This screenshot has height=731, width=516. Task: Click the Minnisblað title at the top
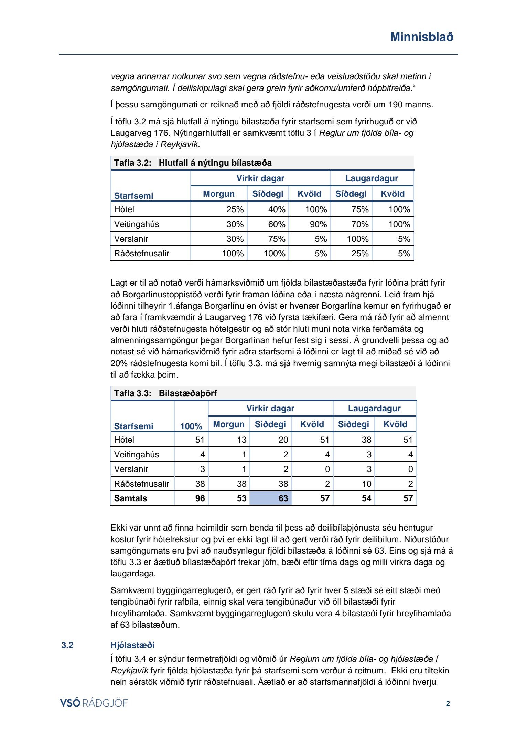click(x=421, y=37)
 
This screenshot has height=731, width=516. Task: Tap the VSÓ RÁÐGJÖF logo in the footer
click(x=94, y=703)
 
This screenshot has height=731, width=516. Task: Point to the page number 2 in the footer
click(x=448, y=703)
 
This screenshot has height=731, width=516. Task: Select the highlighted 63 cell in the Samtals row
click(x=271, y=498)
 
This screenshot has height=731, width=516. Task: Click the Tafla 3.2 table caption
click(x=193, y=163)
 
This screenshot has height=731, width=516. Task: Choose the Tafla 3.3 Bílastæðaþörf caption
click(x=165, y=393)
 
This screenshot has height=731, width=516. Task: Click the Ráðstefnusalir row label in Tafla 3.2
click(x=142, y=254)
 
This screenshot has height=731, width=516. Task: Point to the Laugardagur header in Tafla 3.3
click(x=374, y=408)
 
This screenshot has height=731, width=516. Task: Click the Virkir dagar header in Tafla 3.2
click(x=260, y=178)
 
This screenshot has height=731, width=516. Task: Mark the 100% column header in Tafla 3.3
click(x=191, y=426)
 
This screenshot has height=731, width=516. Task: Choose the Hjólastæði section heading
click(x=132, y=645)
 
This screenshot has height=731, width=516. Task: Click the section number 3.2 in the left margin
click(x=67, y=645)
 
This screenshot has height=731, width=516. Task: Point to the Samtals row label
click(x=130, y=498)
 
